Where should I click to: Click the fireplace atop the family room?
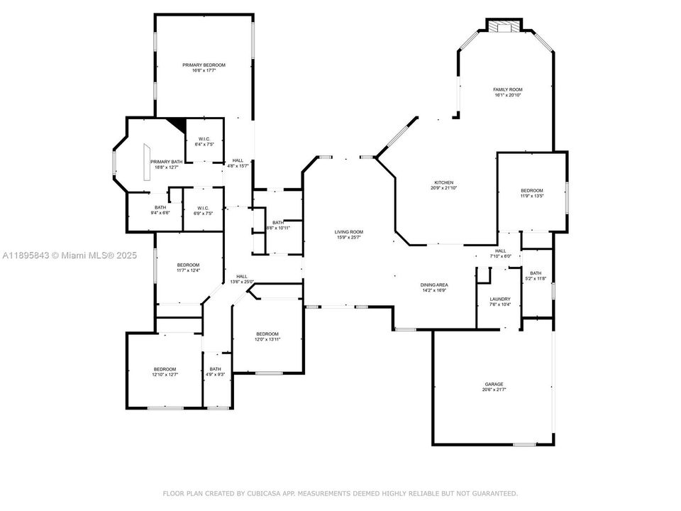[504, 26]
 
